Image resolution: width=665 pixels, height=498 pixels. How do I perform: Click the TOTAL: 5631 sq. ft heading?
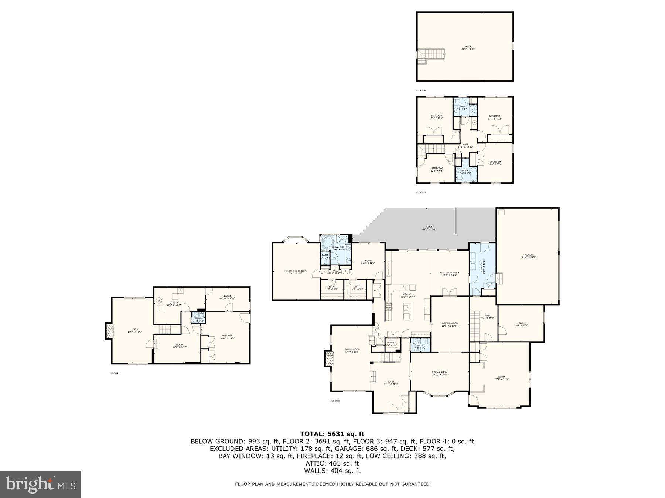point(332,434)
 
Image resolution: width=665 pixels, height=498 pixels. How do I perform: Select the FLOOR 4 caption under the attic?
point(421,90)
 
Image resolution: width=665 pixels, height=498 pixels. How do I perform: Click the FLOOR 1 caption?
point(116,373)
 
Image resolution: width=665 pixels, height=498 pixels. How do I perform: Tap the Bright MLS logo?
point(40,484)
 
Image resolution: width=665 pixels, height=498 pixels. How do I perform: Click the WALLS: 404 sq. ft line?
point(332,471)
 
